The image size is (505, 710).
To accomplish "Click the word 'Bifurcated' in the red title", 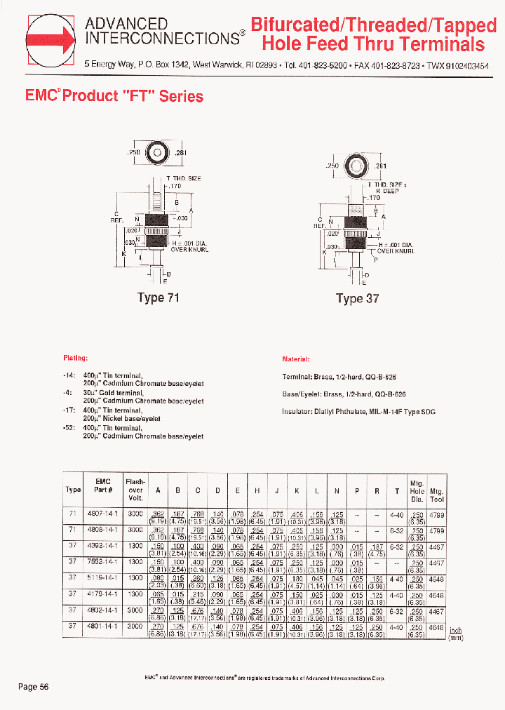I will click(294, 25).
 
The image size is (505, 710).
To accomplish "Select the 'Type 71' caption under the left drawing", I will click(159, 297).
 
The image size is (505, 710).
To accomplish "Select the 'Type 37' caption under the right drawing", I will click(357, 298).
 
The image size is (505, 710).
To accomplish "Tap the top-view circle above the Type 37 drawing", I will click(356, 166).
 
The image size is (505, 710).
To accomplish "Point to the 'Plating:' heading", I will click(75, 358).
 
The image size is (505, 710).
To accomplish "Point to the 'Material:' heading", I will click(296, 359).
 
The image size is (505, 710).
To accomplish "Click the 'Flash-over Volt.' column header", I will click(135, 490).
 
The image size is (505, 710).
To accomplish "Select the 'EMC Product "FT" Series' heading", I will click(114, 96).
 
